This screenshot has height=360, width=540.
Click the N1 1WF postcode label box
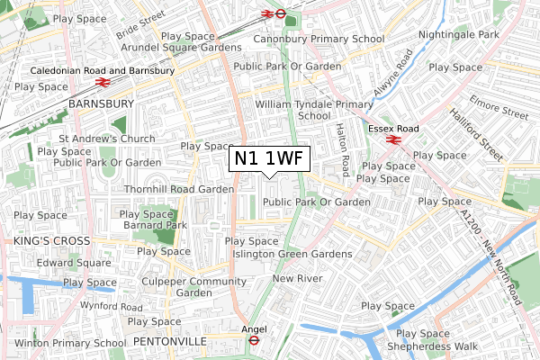click(x=270, y=158)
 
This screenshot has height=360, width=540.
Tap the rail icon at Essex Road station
click(x=392, y=139)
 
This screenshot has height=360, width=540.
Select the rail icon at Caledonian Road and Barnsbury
click(x=103, y=82)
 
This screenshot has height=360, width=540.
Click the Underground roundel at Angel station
click(x=254, y=341)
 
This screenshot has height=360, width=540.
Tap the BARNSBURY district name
click(x=101, y=104)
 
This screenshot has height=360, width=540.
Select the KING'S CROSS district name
click(x=51, y=241)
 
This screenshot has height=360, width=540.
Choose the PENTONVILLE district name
click(x=169, y=342)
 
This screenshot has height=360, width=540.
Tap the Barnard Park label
click(x=154, y=225)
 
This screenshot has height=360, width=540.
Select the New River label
click(x=296, y=279)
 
